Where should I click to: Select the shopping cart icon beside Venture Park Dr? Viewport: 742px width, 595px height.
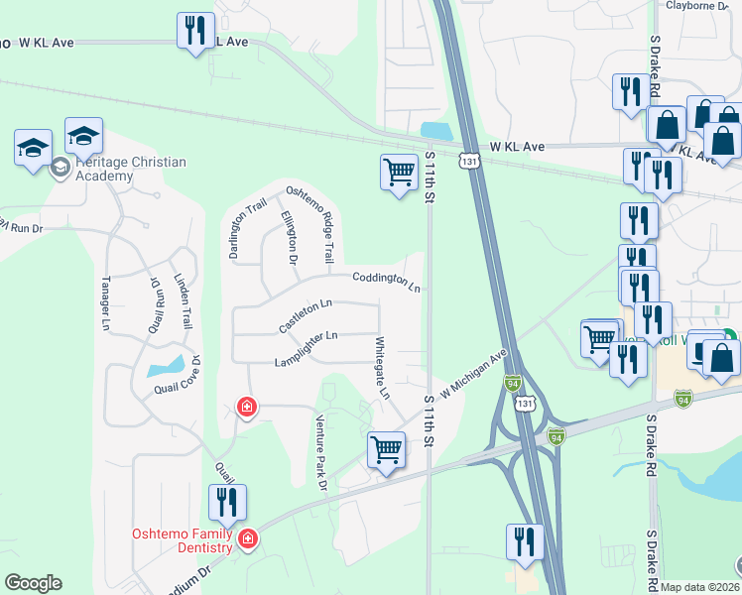[386, 448]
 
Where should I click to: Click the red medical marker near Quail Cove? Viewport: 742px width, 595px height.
[247, 406]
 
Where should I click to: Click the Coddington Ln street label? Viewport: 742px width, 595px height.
[386, 282]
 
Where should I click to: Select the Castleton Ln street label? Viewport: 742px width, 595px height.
[305, 315]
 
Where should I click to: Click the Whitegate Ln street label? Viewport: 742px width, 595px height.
[382, 368]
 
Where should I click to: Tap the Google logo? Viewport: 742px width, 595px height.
[33, 583]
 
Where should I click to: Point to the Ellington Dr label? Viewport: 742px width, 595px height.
[289, 238]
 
